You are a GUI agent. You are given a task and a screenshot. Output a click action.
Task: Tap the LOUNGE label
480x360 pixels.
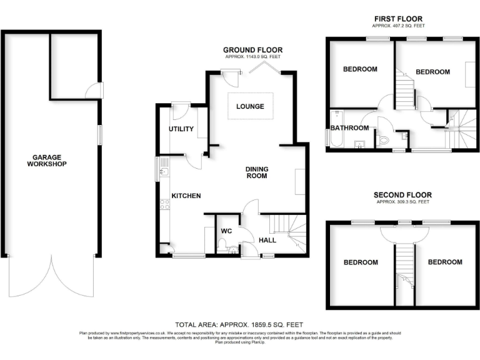[x=250, y=106]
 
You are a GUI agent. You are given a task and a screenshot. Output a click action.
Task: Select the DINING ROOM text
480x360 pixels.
[x=256, y=172]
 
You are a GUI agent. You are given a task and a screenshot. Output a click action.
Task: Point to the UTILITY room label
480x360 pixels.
[x=181, y=129]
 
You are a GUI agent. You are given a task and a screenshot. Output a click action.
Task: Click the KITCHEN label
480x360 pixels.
[x=186, y=196]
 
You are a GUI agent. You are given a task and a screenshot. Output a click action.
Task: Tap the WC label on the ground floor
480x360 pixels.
[x=226, y=231]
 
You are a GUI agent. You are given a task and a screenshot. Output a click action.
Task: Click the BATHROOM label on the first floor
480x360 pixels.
[x=349, y=128]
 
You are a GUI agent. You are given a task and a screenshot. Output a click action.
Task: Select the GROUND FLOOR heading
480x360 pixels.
[x=253, y=50]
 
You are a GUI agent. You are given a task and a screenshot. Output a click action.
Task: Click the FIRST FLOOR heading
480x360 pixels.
[x=397, y=19]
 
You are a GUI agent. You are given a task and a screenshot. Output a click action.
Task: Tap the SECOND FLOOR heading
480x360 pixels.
[x=402, y=195]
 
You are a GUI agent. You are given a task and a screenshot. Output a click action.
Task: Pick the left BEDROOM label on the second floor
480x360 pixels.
[x=361, y=262]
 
